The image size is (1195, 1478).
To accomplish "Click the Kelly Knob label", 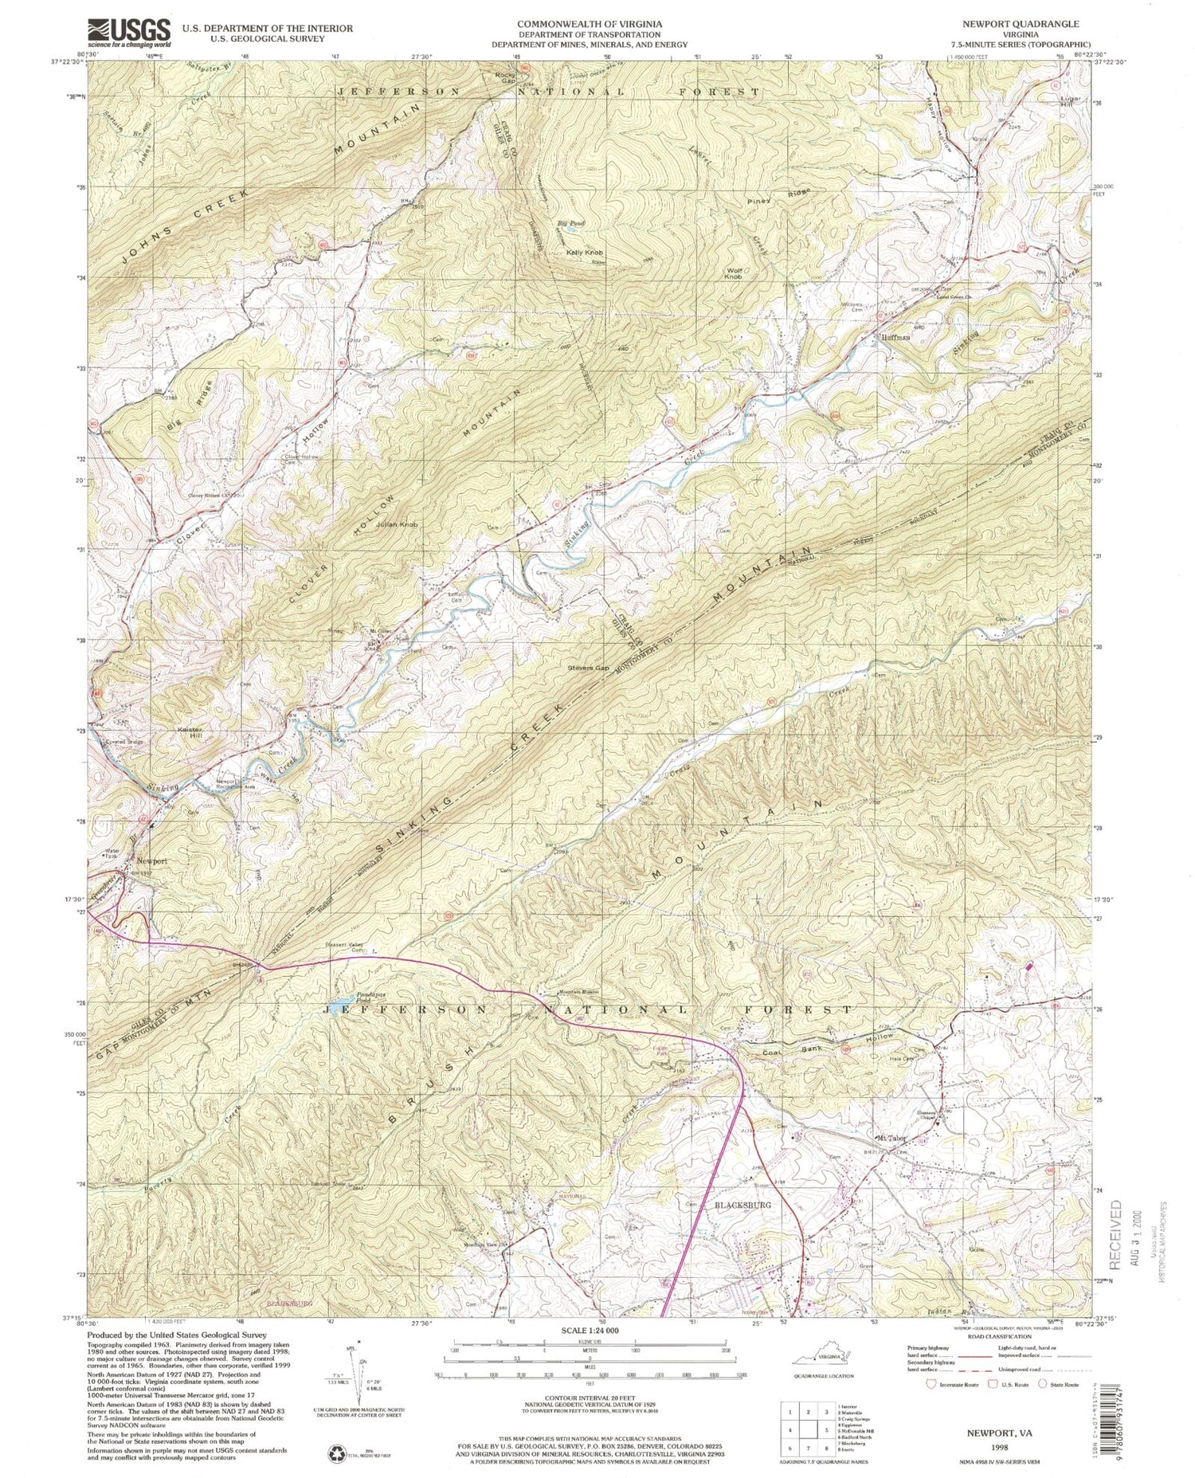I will pos(584,253).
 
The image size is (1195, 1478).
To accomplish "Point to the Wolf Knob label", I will pos(734,272).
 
